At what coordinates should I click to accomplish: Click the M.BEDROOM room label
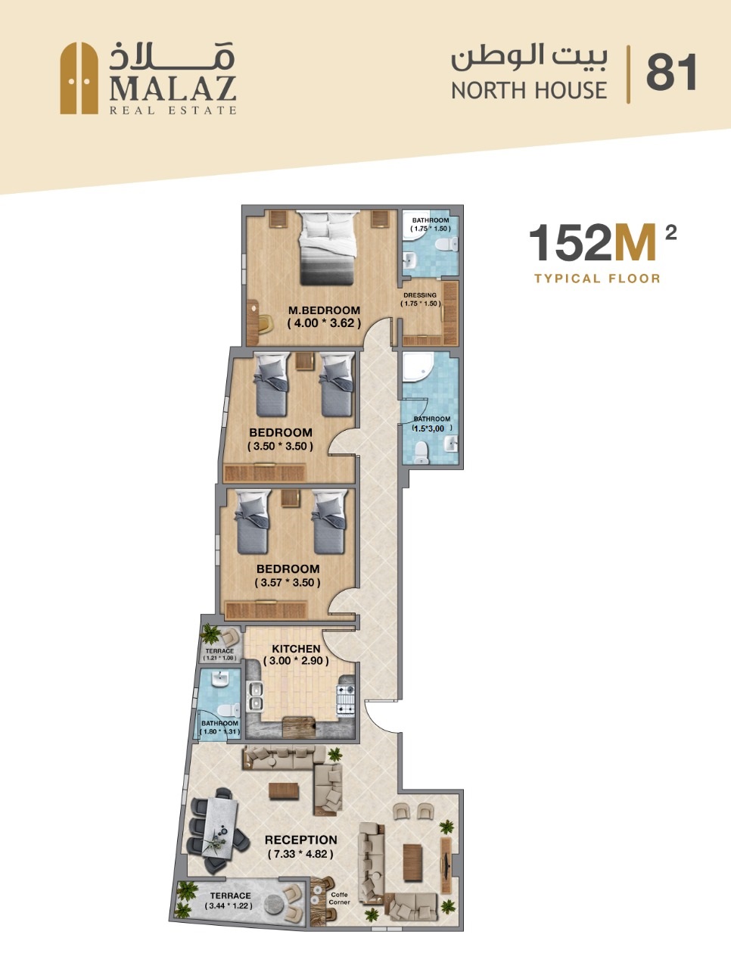point(324,310)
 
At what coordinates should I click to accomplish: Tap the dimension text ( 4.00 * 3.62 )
point(324,323)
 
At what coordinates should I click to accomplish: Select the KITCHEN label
point(296,649)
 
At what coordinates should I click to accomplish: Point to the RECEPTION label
point(301,840)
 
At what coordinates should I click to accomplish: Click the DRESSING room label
point(420,295)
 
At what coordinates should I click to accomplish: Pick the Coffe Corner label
point(339,898)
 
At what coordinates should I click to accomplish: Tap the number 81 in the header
point(671,72)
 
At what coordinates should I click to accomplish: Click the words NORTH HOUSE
point(530,91)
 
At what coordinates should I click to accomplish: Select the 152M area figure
point(593,242)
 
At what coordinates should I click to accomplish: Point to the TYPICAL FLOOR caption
point(597,279)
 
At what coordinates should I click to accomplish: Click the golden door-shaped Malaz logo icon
point(79,78)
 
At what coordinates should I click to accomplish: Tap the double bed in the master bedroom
point(327,248)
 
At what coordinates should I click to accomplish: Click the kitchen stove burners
point(346,700)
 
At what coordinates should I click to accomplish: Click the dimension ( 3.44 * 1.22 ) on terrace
point(229,906)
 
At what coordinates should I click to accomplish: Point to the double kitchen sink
point(255,696)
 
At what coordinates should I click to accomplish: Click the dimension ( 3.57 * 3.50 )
point(288,582)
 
